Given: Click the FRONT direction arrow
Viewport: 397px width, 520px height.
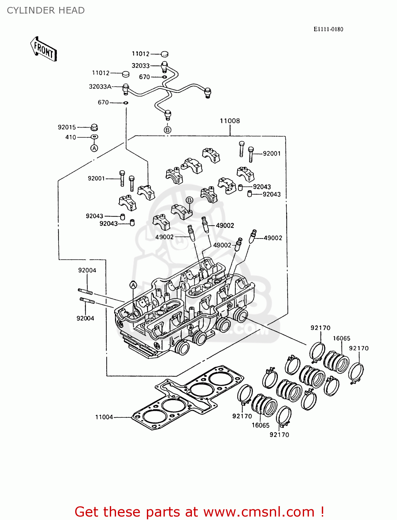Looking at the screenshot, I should [x=44, y=50].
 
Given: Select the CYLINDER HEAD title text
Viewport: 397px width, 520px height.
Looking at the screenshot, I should [x=46, y=10].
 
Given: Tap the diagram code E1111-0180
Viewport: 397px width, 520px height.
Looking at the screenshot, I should [x=328, y=29].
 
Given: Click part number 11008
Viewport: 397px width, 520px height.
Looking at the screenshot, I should [x=230, y=121].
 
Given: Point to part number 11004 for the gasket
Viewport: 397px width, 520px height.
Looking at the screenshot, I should [x=104, y=417].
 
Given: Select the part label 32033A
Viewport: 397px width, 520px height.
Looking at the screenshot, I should [x=100, y=87].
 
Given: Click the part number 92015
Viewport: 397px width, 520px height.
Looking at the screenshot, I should [x=67, y=127].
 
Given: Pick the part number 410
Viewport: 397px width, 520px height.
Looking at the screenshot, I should [x=71, y=137].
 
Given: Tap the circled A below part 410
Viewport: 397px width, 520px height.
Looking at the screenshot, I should [x=94, y=148].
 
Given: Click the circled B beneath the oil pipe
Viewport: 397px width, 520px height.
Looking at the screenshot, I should [x=168, y=130].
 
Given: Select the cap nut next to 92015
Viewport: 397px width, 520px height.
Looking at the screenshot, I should [x=94, y=127].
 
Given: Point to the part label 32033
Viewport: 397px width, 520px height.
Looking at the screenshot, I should [x=140, y=66].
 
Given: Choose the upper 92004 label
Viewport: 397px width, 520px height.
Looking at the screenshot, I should [x=87, y=270].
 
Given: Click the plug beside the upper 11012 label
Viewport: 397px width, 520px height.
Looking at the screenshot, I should [x=165, y=54].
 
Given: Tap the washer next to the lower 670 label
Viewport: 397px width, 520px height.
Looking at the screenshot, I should [x=126, y=103].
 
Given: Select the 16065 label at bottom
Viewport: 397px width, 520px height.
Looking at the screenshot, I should [x=261, y=425].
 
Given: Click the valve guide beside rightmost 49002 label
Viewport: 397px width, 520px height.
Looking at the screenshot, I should [x=253, y=236].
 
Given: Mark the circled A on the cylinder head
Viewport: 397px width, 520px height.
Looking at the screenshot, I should [x=133, y=285].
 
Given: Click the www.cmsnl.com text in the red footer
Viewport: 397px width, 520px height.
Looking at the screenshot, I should [x=258, y=512].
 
